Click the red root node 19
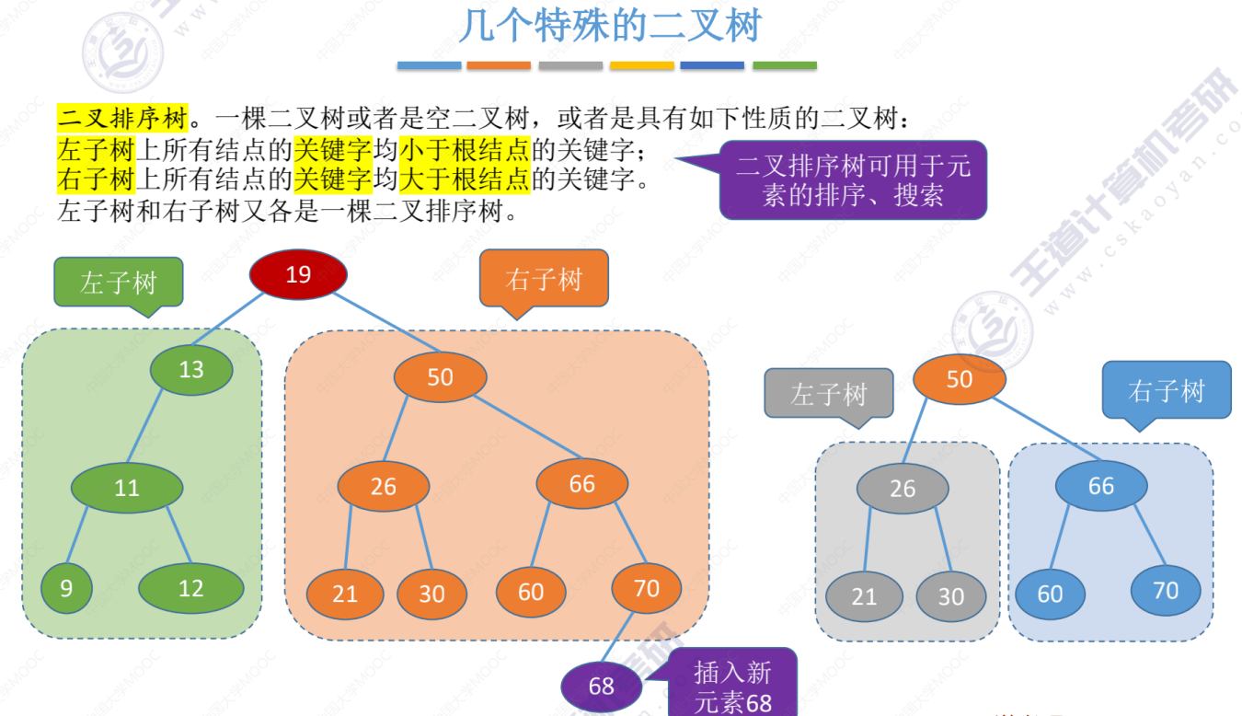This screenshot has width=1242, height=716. click(x=298, y=274)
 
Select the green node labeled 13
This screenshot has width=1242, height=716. click(x=191, y=370)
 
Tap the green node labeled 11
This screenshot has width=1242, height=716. click(x=127, y=488)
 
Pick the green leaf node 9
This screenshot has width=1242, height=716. click(x=66, y=588)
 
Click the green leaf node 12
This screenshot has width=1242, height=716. click(x=191, y=588)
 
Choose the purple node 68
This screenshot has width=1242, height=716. click(x=602, y=686)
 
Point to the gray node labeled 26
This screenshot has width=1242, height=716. click(x=903, y=489)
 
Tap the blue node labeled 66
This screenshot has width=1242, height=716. click(x=1101, y=486)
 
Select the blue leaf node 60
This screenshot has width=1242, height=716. click(x=1050, y=594)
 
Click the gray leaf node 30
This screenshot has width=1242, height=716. click(x=951, y=596)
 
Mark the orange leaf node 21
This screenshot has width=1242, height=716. click(x=345, y=594)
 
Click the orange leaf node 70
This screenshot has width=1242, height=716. click(x=647, y=588)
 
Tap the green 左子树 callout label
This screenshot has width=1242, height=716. click(x=119, y=282)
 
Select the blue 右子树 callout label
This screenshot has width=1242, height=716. click(x=1167, y=390)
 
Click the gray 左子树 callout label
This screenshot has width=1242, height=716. click(x=829, y=394)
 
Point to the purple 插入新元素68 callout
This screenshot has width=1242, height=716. click(x=733, y=686)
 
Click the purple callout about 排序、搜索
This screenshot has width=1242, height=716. click(x=853, y=179)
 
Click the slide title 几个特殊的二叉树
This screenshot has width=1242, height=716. click(x=610, y=26)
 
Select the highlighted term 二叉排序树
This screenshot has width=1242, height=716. click(x=122, y=118)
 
